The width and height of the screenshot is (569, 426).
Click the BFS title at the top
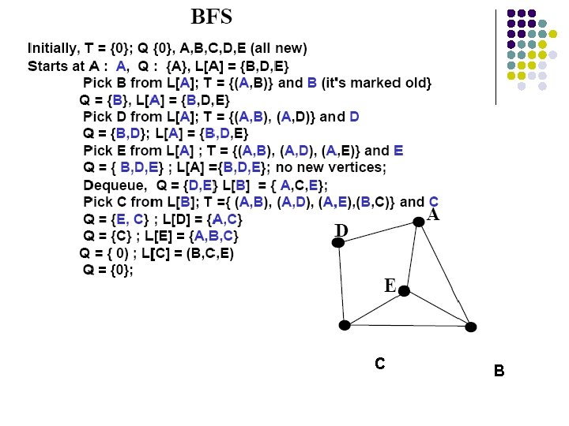212,17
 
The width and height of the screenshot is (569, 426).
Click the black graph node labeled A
419,222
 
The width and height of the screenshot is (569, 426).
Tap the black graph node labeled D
338,242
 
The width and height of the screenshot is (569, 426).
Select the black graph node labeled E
404,290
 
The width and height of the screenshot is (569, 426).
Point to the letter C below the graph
380,363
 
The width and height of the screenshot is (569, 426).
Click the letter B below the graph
499,371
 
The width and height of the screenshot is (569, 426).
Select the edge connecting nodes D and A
379,232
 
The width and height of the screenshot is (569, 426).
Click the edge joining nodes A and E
412,256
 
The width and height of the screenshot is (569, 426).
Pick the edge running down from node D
341,284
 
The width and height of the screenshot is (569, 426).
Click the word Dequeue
115,185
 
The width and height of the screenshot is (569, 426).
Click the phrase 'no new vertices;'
331,167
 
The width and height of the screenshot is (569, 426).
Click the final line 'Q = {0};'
108,270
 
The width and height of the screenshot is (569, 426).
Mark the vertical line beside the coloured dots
496,58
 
